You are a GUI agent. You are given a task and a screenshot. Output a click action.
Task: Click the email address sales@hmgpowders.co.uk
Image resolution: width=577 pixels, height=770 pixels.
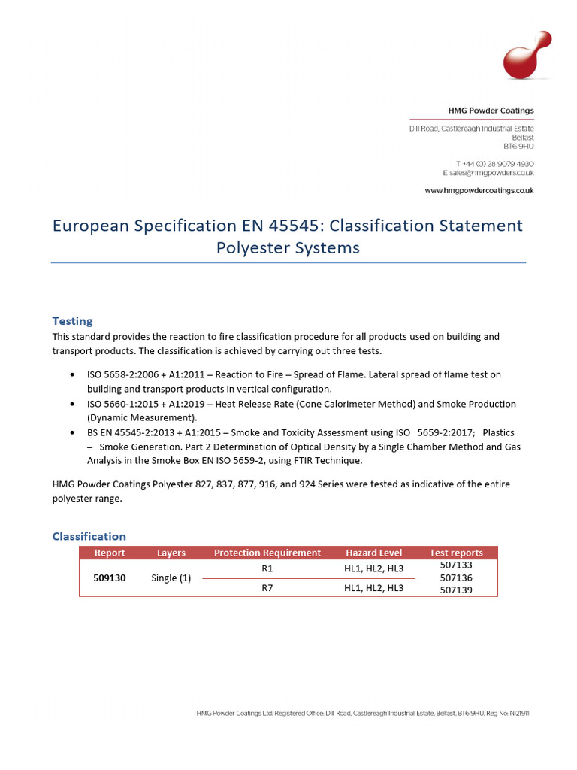pos(488,172)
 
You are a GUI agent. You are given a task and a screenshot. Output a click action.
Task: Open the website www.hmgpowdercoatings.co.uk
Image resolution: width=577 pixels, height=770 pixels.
pos(479,191)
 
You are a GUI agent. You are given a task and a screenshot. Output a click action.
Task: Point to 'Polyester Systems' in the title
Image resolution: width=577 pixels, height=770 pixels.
pos(288,247)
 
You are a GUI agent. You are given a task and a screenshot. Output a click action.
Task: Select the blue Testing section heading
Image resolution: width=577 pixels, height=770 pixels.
pos(72,321)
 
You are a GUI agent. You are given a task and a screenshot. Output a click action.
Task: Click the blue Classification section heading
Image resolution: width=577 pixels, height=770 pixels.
pos(89,536)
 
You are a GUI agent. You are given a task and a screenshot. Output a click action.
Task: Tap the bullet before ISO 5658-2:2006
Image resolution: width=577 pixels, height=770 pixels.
pos(71,374)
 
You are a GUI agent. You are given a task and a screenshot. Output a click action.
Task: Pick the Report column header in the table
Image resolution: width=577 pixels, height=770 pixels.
pos(110,553)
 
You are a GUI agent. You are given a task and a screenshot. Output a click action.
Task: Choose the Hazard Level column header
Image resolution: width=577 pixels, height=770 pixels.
pos(373,553)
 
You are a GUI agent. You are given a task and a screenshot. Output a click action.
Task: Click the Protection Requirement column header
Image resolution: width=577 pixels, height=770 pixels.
pos(267,553)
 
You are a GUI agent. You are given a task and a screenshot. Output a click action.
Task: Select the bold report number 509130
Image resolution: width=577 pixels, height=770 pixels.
pos(110,577)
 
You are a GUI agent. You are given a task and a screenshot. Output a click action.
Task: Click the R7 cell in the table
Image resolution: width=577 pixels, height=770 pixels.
pos(267,588)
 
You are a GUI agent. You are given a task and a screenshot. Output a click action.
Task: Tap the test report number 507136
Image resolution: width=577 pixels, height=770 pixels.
pos(456,577)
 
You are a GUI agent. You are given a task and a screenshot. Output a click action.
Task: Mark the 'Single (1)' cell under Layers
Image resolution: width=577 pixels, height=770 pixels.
pos(171,577)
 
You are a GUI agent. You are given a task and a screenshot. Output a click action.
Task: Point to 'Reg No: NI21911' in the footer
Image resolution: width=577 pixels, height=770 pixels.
pos(513,713)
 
